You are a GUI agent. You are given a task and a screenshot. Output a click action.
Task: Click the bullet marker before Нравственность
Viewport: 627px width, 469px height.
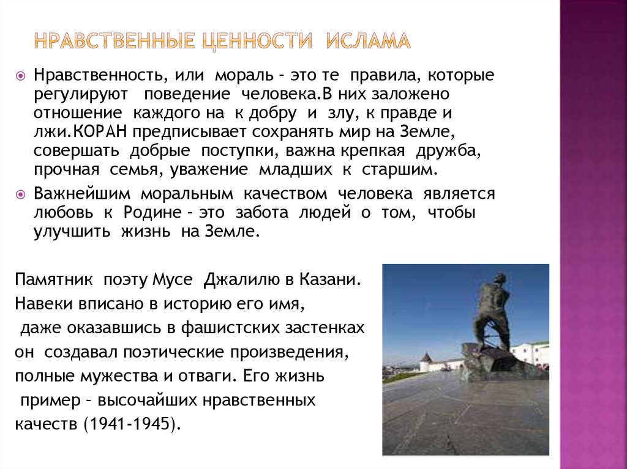(x=20, y=76)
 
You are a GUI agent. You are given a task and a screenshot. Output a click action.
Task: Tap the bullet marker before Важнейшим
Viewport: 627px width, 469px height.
(x=20, y=194)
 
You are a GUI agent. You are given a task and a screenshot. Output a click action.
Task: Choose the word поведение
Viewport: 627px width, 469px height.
(x=187, y=95)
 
